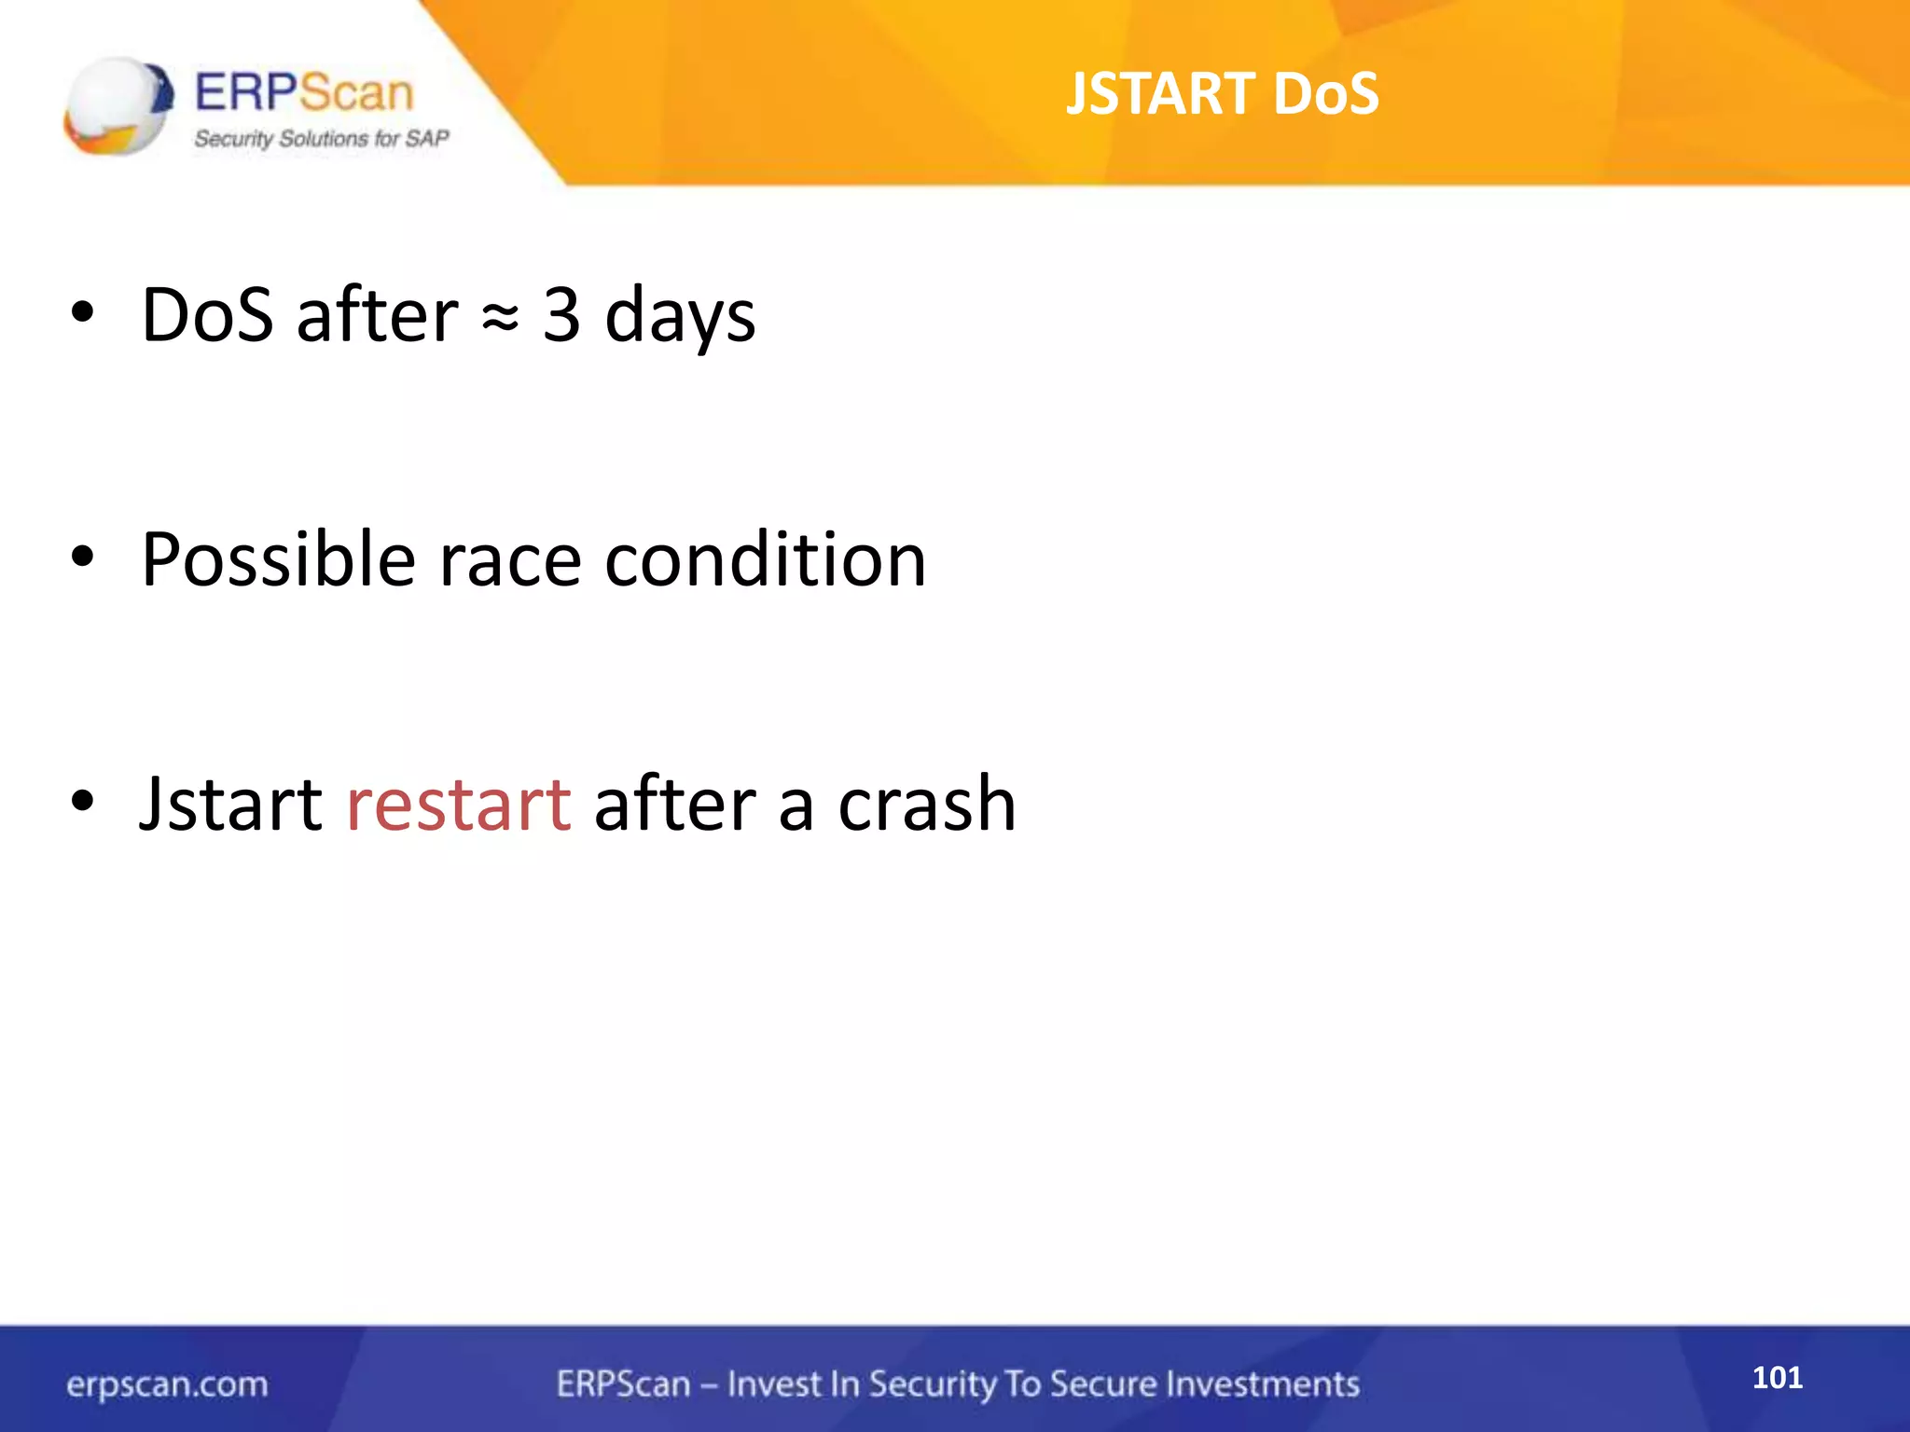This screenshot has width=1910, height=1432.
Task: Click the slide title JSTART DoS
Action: coord(1222,93)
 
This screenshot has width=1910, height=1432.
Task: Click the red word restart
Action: coord(458,804)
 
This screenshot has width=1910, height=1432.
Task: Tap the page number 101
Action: coord(1777,1377)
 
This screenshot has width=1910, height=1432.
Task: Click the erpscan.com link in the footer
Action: coord(167,1384)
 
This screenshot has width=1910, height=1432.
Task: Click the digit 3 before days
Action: coord(561,315)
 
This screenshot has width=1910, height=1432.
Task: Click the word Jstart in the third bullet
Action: coord(230,804)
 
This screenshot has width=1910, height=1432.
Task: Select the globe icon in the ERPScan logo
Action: coord(118,104)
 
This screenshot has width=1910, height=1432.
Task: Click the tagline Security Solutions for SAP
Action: coord(321,139)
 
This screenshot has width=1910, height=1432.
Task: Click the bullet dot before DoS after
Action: coord(82,314)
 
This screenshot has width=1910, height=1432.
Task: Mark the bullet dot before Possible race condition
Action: coord(82,558)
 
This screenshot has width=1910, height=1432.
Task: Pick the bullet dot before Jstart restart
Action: coord(82,801)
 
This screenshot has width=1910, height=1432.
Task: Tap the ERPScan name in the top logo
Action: coord(304,93)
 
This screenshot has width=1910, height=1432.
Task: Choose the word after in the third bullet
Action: coord(675,804)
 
